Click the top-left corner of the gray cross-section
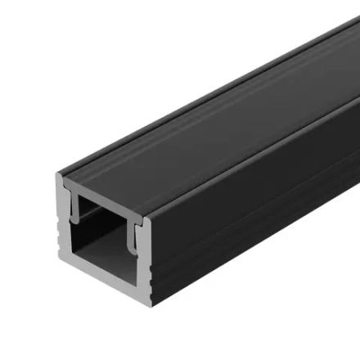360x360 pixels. coord(59,176)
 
